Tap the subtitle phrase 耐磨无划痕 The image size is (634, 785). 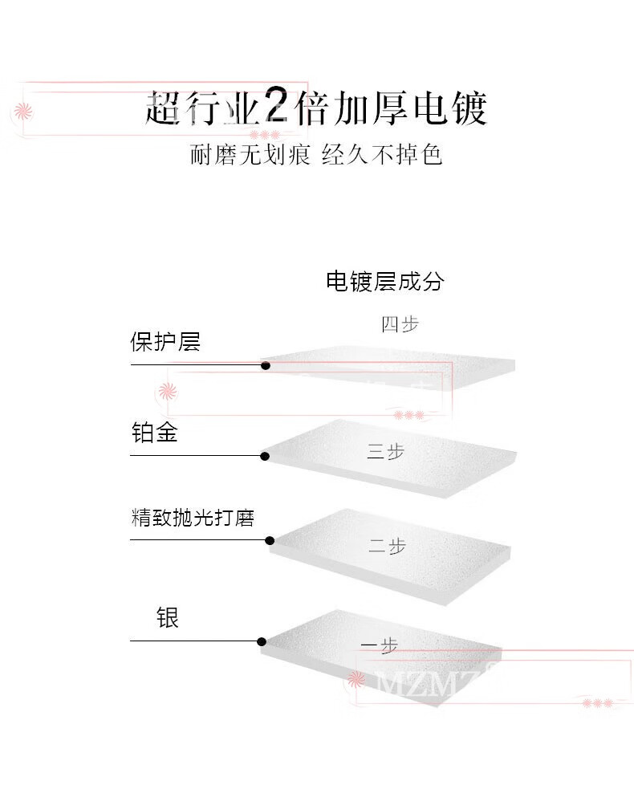point(250,154)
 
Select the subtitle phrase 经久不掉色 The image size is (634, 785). point(382,154)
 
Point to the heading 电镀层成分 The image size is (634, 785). point(384,281)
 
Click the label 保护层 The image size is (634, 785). point(165,342)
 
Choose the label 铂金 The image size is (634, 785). point(154,433)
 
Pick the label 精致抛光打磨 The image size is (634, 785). point(193,518)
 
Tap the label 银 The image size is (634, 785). point(167,617)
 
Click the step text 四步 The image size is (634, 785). point(400,324)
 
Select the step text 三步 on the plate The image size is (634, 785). point(386,452)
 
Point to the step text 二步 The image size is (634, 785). point(387,547)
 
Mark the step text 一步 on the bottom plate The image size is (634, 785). point(380,646)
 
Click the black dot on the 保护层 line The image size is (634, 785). point(266,366)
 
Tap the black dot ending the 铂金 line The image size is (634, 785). point(265,456)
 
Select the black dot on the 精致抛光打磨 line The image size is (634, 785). point(270,540)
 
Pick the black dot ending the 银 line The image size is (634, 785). point(262,641)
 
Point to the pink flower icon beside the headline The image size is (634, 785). point(24,110)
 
